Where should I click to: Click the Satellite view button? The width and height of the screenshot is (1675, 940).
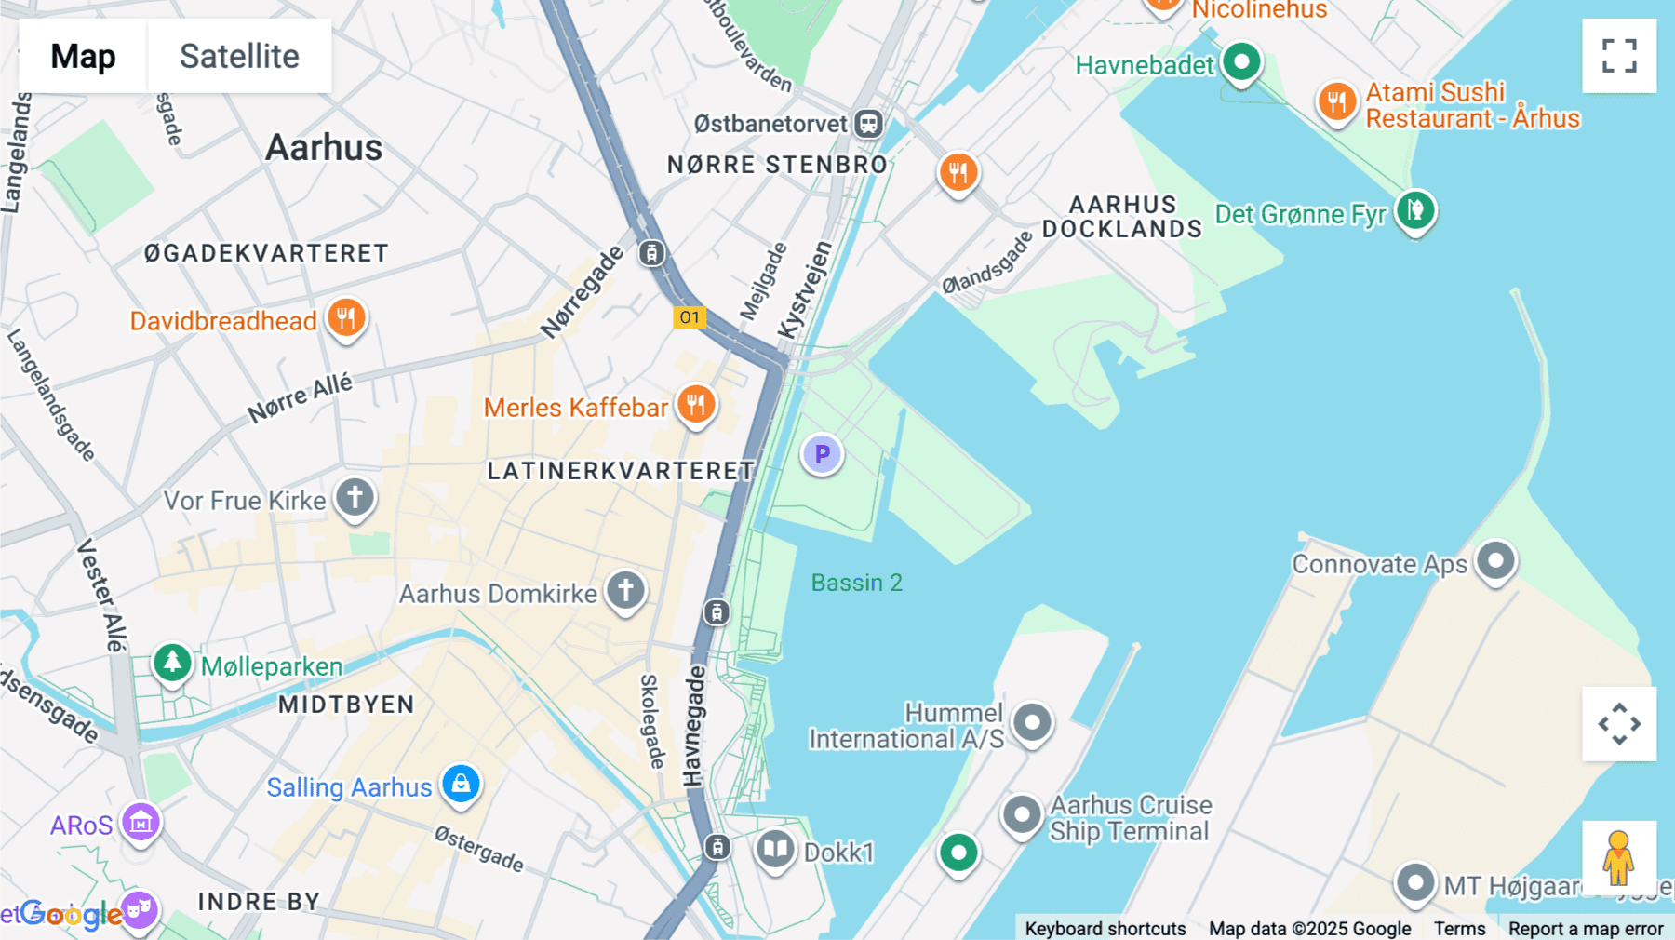pos(239,56)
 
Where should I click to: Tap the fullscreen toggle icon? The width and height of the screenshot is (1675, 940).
pos(1619,56)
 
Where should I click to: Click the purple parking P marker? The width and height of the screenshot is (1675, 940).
pos(822,454)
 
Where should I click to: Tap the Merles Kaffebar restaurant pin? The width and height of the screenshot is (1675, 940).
pos(695,405)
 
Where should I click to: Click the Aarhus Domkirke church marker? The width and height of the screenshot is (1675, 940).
pos(625,590)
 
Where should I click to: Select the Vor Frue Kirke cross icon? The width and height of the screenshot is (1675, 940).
pos(355,498)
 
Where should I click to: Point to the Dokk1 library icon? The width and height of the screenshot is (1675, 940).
pos(774,850)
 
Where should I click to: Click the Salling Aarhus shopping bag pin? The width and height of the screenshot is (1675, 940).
pos(461,784)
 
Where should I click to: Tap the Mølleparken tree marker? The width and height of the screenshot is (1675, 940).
pos(172,663)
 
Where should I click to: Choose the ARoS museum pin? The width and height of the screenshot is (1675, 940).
pos(141,823)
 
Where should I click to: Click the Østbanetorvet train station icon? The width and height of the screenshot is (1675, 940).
pos(868,124)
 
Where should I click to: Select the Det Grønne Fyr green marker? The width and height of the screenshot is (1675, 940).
pos(1414,210)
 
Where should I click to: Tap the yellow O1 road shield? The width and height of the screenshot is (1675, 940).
pos(690,317)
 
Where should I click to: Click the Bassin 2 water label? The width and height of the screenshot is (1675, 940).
pos(856,583)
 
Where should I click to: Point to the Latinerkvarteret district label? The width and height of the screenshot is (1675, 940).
pos(620,471)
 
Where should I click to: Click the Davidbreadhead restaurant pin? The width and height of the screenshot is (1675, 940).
pos(346,318)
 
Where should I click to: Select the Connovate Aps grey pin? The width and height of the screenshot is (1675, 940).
pos(1495,561)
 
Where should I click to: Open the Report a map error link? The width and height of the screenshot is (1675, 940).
pos(1586,928)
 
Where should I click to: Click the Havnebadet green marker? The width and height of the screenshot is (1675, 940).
pos(1240,63)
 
